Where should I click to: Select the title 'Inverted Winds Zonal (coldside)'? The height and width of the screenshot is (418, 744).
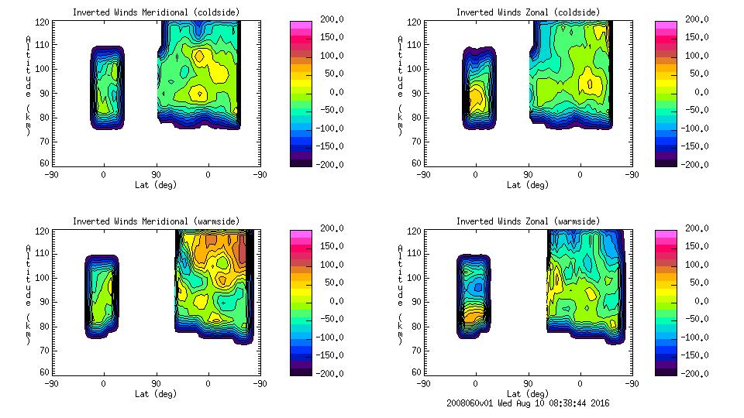coord(527,12)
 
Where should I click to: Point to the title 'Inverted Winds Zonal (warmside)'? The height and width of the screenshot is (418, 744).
coord(527,221)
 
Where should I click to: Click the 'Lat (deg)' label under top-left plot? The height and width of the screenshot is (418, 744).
coord(156,185)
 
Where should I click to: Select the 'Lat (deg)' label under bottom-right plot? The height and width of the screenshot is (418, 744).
coord(528,394)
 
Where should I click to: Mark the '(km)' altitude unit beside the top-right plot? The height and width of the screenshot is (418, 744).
coord(401,120)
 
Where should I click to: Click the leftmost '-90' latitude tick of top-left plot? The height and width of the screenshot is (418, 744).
coord(51,175)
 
